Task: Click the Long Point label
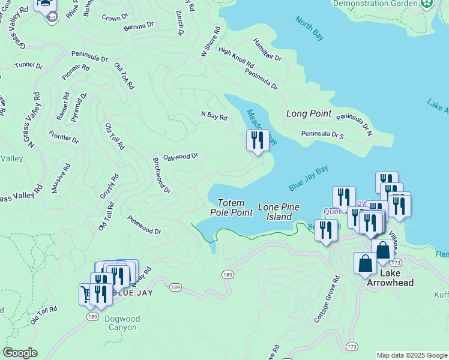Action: [309, 113]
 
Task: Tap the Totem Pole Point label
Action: [231, 208]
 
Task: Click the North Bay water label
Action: [310, 28]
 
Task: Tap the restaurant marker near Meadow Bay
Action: [258, 141]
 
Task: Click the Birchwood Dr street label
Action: [161, 175]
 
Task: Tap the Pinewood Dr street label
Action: [144, 226]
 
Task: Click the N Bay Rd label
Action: [214, 116]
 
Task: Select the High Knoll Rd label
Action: [236, 58]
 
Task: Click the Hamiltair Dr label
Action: [267, 50]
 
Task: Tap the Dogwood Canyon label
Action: [122, 323]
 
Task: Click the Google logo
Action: [19, 353]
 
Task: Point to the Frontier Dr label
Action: [64, 137]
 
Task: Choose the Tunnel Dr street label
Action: [28, 65]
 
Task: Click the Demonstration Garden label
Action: [375, 3]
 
